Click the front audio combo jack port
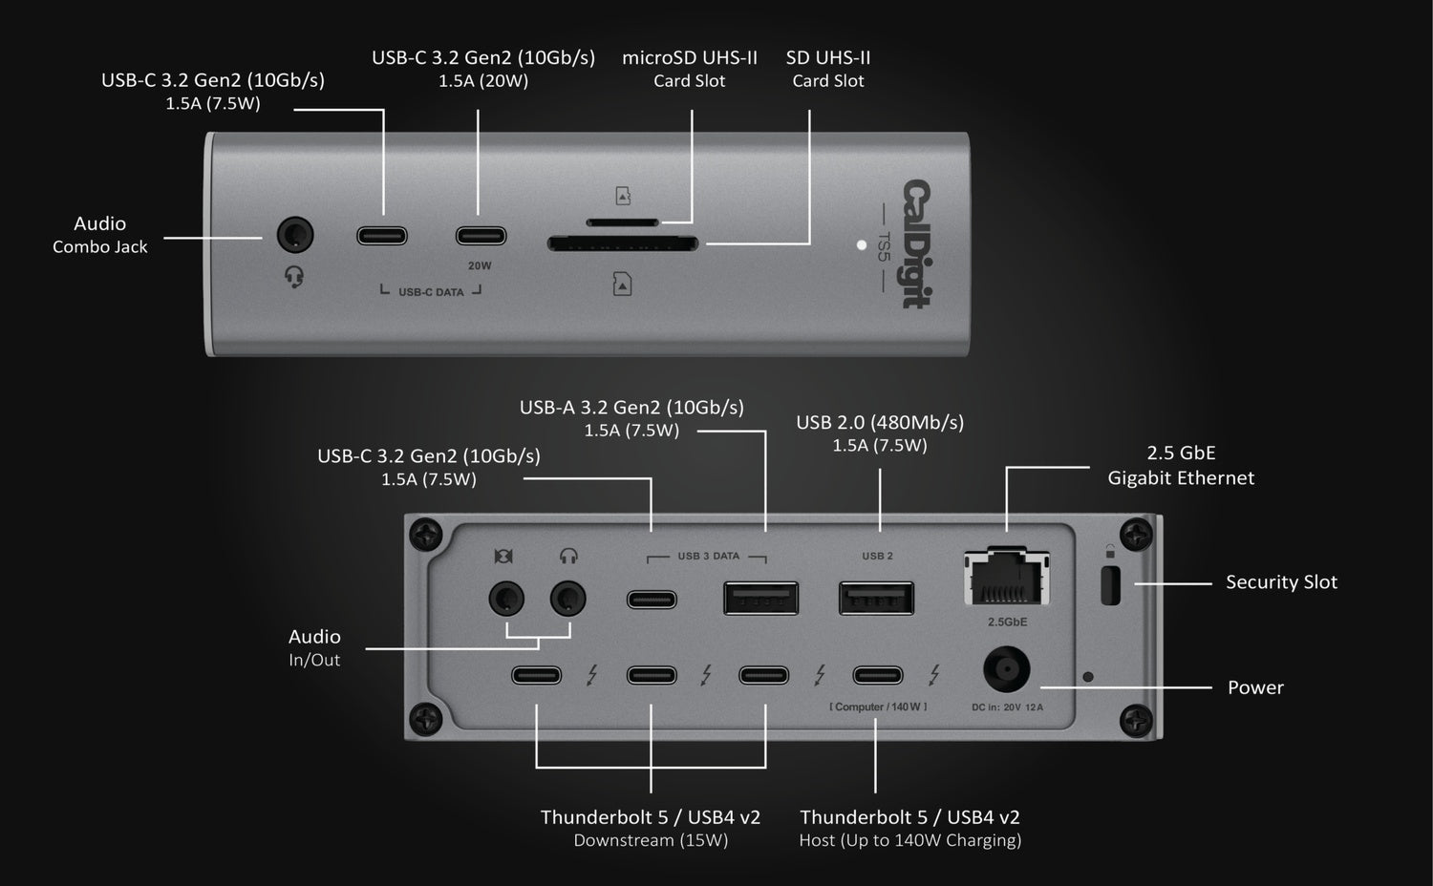pyautogui.click(x=294, y=236)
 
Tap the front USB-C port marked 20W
pyautogui.click(x=481, y=236)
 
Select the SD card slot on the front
pyautogui.click(x=622, y=244)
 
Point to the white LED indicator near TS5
pyautogui.click(x=862, y=245)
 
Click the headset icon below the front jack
pyautogui.click(x=294, y=278)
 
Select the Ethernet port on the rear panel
pyautogui.click(x=1007, y=578)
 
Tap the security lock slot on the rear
pyautogui.click(x=1110, y=585)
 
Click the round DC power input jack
pyautogui.click(x=1007, y=670)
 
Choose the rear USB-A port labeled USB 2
pyautogui.click(x=876, y=599)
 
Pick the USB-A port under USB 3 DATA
pyautogui.click(x=760, y=599)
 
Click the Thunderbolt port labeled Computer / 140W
pyautogui.click(x=877, y=676)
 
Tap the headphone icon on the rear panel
pyautogui.click(x=568, y=556)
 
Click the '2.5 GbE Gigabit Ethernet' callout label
pyautogui.click(x=1181, y=465)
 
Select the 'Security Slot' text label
pyautogui.click(x=1281, y=582)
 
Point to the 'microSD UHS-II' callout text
pyautogui.click(x=689, y=58)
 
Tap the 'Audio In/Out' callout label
pyautogui.click(x=314, y=647)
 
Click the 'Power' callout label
pyautogui.click(x=1255, y=687)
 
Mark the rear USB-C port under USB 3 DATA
pyautogui.click(x=652, y=600)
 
